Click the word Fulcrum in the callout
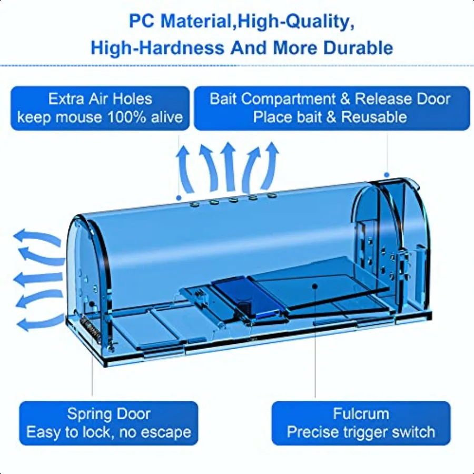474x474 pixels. click(x=361, y=414)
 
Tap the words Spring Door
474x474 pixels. click(x=108, y=414)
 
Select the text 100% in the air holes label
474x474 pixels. click(x=130, y=116)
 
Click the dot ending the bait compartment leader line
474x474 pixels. click(x=387, y=174)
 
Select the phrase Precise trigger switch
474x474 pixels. click(x=361, y=433)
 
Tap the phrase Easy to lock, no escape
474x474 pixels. click(x=108, y=433)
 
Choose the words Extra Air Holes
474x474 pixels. click(x=100, y=98)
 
